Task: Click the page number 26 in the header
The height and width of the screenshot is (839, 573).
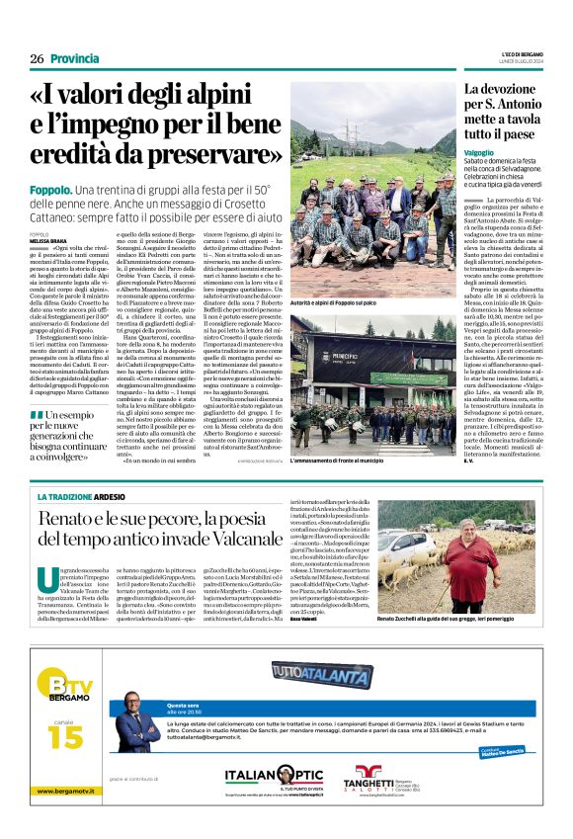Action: (x=37, y=58)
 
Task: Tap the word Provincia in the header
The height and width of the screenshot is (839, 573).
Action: (x=75, y=58)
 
